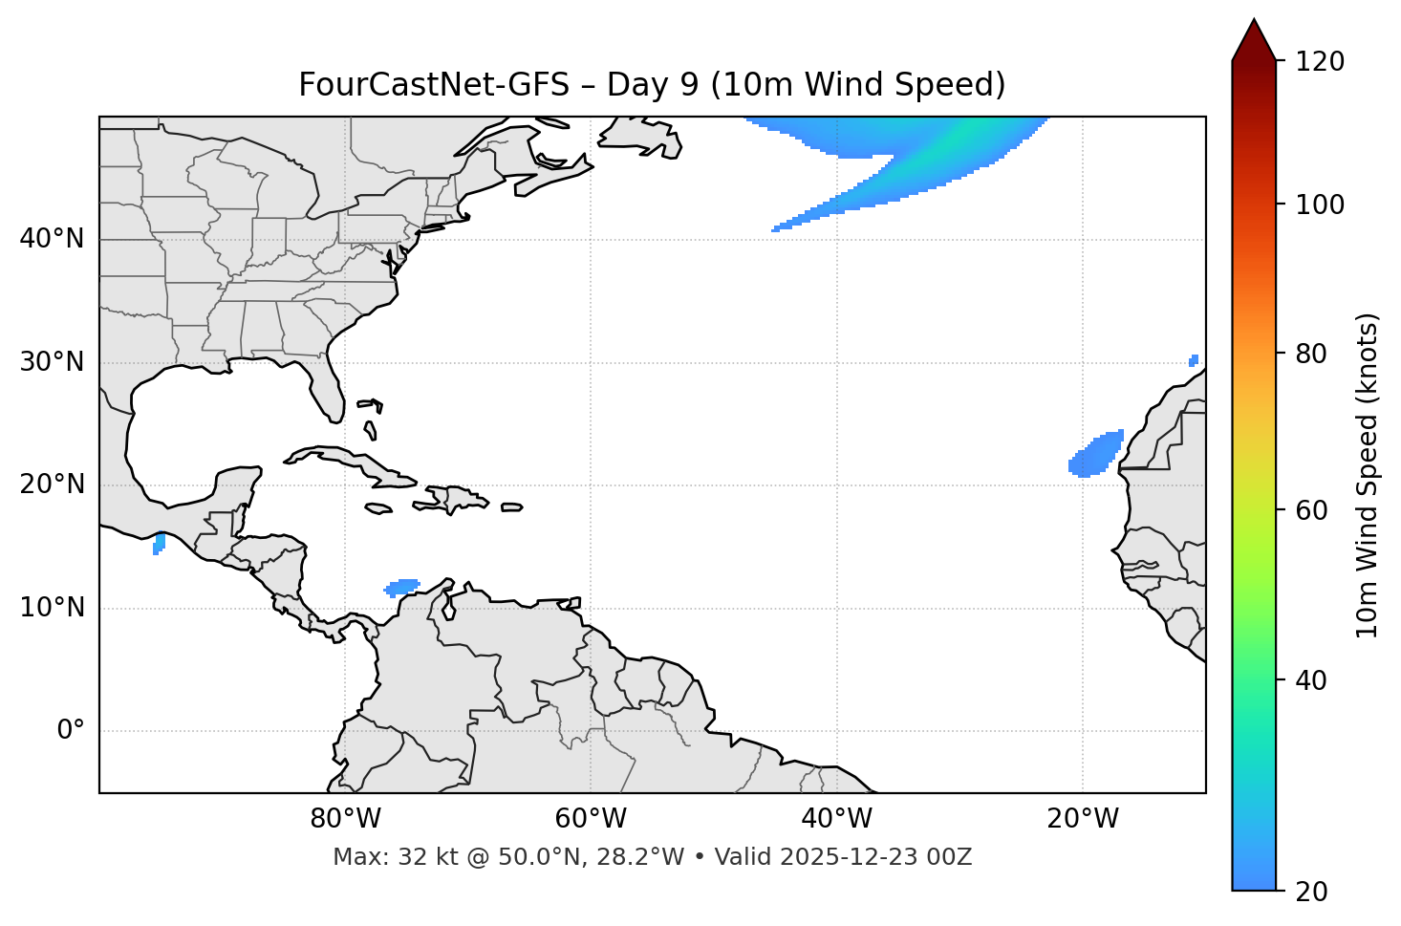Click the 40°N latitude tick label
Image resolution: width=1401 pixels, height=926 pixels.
[x=52, y=239]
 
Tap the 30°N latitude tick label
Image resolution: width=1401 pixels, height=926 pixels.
[x=52, y=362]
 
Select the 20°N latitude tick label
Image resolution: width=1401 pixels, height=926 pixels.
[x=52, y=485]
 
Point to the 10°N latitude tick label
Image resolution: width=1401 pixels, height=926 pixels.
[x=52, y=608]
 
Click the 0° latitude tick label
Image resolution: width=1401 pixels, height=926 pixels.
[x=71, y=731]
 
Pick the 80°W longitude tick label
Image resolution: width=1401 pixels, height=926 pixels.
[x=345, y=819]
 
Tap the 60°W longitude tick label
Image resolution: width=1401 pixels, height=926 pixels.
[x=591, y=819]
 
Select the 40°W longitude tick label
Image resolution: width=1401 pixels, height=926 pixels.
[x=836, y=819]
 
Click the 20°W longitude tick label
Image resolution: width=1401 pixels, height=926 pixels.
[x=1083, y=819]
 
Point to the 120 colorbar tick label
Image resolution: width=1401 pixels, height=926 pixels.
[x=1319, y=61]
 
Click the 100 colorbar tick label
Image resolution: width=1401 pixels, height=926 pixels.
[x=1319, y=205]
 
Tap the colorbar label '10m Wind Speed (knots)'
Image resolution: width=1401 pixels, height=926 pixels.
[x=1368, y=475]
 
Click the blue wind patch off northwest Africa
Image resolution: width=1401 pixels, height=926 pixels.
[x=1094, y=455]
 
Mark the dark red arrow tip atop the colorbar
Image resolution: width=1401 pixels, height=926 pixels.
[x=1254, y=38]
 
